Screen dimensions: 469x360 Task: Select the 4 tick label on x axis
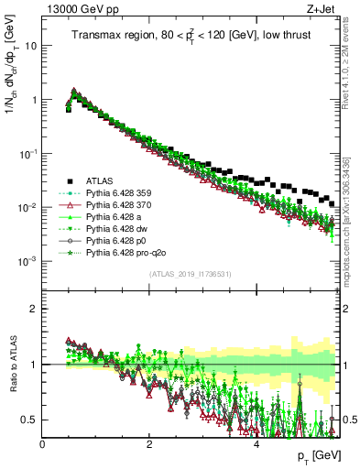pyautogui.click(x=256, y=445)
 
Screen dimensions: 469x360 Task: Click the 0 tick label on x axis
pyautogui.click(x=43, y=445)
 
